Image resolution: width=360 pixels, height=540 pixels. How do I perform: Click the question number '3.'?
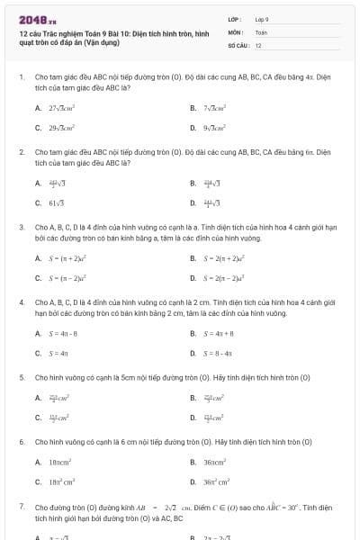coord(21,228)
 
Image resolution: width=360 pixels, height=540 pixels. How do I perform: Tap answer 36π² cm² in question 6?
coord(217,483)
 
